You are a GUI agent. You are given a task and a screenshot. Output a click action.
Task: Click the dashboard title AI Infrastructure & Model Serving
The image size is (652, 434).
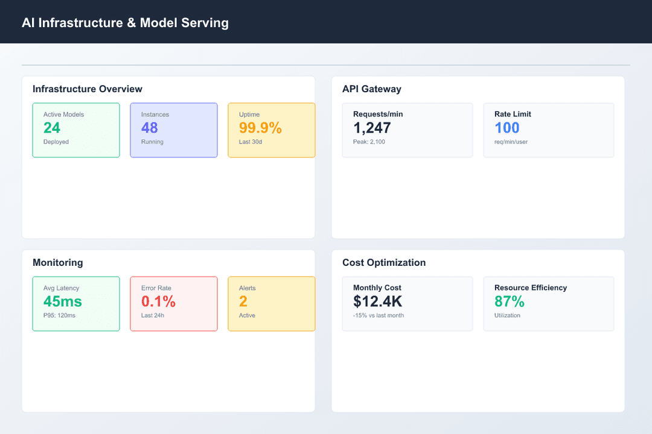(125, 23)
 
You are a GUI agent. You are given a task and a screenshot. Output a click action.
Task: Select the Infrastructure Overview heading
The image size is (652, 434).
(88, 89)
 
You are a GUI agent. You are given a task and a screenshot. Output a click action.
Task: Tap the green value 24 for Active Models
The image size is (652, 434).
(52, 128)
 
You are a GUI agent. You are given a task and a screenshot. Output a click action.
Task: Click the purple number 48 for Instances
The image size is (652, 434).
(150, 128)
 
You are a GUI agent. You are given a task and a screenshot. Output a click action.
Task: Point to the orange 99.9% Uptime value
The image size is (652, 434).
(260, 128)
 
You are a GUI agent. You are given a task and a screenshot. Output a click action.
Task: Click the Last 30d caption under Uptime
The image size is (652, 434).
(251, 142)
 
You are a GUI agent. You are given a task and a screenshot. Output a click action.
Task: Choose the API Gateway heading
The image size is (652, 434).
(372, 89)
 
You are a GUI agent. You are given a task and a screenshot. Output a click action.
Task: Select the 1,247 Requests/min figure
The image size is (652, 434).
(372, 128)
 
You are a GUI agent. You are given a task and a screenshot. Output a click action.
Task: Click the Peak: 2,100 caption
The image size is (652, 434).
(369, 142)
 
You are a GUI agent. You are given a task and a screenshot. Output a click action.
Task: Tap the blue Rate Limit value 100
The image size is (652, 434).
(507, 128)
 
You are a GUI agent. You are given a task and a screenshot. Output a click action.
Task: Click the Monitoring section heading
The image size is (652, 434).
(58, 263)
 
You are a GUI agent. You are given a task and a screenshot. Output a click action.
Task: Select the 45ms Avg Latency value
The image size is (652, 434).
(63, 301)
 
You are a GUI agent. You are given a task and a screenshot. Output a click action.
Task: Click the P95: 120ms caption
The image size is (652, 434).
(59, 316)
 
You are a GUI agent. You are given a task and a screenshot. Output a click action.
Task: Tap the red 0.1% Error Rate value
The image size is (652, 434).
(158, 301)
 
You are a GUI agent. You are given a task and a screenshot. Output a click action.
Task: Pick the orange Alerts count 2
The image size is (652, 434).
(243, 301)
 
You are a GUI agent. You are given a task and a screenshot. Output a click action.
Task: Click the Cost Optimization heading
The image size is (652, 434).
(384, 263)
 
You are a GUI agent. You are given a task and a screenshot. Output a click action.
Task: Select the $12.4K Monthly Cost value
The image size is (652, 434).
(378, 301)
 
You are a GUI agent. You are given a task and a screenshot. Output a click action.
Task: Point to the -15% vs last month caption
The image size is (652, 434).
(379, 316)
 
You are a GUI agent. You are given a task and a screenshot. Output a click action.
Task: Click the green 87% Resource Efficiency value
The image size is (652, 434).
(510, 301)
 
